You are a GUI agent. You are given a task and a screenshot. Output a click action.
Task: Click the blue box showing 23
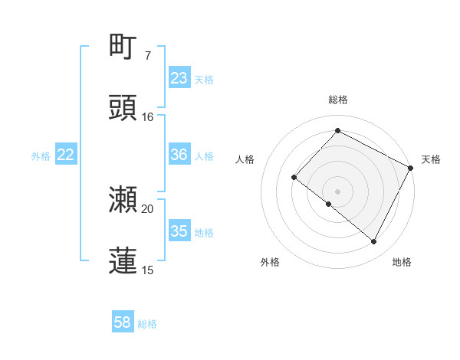click(x=179, y=78)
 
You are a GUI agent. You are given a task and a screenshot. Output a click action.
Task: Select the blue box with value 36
click(x=179, y=155)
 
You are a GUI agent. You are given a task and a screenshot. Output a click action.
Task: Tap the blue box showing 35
click(x=179, y=231)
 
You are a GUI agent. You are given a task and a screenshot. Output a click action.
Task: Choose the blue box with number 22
click(x=66, y=155)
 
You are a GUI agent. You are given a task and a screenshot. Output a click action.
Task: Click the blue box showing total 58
click(x=123, y=323)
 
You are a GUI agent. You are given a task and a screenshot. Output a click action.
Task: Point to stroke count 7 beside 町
click(x=147, y=56)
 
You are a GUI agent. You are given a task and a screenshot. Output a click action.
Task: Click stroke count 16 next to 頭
click(x=147, y=117)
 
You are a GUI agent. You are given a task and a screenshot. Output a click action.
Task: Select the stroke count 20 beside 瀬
click(x=147, y=208)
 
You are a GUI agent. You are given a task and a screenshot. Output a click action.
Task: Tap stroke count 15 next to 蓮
click(x=147, y=270)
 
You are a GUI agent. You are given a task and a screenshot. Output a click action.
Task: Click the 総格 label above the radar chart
click(x=338, y=100)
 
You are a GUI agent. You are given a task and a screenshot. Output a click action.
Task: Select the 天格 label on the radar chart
click(x=431, y=159)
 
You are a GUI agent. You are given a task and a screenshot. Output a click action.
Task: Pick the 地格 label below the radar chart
click(x=402, y=262)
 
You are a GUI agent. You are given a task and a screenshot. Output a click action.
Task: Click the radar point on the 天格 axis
click(x=411, y=167)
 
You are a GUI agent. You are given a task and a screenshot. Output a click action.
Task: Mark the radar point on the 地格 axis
click(x=374, y=242)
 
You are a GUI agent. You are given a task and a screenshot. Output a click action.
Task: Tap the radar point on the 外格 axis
click(x=329, y=205)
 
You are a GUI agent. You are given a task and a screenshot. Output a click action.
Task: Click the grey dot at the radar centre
click(x=338, y=191)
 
